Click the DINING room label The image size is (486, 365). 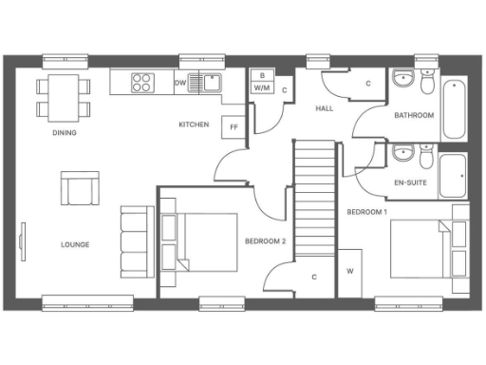[x=65, y=132]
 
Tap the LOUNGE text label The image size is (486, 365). [x=75, y=244]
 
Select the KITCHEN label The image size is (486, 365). [x=194, y=125]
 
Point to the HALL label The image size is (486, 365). [x=324, y=109]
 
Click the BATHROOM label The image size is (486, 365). [x=414, y=115]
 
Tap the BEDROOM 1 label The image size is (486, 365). [x=366, y=210]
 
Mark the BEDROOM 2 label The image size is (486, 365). [x=265, y=241]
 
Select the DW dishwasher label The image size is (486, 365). [x=180, y=83]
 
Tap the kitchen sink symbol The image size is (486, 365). [x=204, y=82]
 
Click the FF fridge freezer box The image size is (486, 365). [x=231, y=125]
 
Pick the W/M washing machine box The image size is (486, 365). [x=261, y=87]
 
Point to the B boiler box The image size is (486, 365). [x=261, y=75]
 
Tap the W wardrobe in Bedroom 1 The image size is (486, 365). [x=349, y=270]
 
